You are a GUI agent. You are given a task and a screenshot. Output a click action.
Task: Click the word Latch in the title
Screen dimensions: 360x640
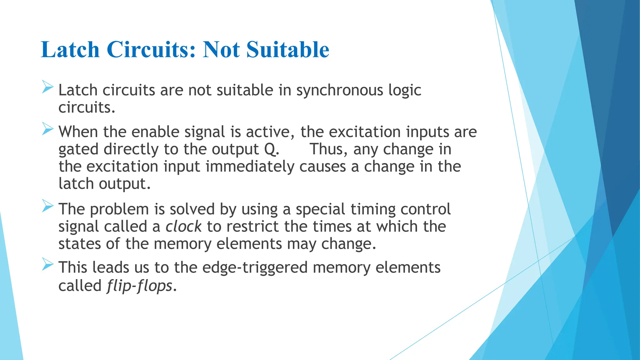tap(70, 50)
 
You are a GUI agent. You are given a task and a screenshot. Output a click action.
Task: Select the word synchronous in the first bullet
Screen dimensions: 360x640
tap(340, 91)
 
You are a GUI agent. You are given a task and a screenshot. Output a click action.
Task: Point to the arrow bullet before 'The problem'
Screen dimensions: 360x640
tap(47, 206)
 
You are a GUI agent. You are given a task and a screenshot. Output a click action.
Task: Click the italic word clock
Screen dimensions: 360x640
tap(183, 227)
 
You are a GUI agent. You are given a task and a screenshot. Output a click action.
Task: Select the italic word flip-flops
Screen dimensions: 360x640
tap(139, 286)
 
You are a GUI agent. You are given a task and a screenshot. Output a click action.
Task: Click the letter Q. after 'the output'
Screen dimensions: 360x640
tap(271, 149)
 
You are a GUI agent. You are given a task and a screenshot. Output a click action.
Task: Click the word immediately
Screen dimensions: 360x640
tap(250, 167)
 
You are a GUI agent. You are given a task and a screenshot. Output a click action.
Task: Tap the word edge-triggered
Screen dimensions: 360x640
tap(255, 268)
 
